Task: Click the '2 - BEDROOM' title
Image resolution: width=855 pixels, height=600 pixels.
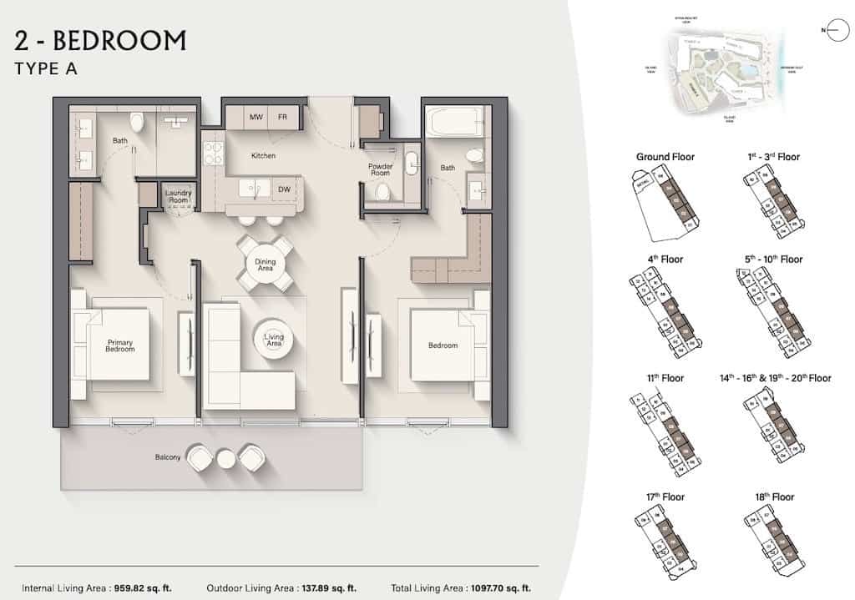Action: tap(100, 40)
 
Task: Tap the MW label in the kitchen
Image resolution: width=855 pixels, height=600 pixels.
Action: tap(256, 117)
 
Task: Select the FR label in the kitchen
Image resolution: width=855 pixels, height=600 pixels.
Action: tap(283, 117)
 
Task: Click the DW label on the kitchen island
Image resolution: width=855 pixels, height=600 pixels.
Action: tap(285, 189)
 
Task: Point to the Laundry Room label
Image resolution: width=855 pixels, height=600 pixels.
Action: tap(178, 196)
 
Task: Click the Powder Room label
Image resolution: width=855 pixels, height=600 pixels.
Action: tap(380, 169)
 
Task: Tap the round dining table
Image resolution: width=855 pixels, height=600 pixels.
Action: tap(265, 264)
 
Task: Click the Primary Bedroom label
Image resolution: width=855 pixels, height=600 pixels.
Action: tap(120, 345)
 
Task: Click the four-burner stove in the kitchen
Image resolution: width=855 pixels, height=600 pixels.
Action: tap(213, 154)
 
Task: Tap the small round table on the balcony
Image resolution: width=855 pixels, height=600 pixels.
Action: tap(226, 457)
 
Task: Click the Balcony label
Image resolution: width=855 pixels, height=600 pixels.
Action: tap(168, 457)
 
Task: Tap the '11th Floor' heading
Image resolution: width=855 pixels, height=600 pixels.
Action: tap(665, 378)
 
